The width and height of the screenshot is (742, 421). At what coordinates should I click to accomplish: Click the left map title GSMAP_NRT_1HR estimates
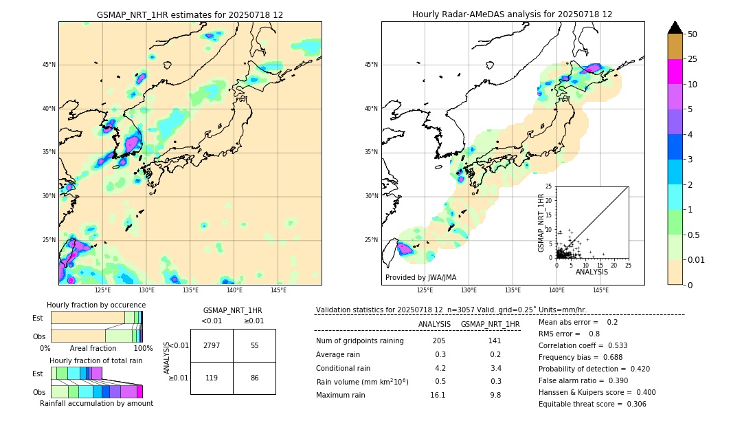tap(190, 14)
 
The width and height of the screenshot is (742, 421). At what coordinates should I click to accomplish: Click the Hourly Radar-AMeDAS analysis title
tap(512, 14)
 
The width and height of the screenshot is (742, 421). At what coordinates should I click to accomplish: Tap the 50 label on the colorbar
tap(693, 34)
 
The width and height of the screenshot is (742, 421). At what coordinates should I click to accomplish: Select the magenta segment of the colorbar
tap(675, 72)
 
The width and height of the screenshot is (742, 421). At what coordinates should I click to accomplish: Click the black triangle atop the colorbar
tap(675, 28)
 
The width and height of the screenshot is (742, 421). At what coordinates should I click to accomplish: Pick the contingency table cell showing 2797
tap(212, 345)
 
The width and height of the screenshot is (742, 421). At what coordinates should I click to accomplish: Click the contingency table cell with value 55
tap(254, 345)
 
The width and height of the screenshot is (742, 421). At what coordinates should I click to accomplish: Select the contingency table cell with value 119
tap(212, 378)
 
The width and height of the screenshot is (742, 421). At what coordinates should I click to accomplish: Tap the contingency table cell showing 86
tap(254, 378)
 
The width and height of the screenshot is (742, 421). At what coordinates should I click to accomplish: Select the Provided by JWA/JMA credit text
tap(420, 277)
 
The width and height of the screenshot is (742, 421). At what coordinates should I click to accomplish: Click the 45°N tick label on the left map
tap(49, 65)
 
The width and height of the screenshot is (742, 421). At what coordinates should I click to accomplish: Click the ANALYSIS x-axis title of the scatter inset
tap(592, 272)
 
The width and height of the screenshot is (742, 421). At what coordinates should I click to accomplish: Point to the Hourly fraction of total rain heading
tap(95, 360)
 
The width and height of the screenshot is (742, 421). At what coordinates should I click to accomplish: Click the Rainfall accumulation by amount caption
tap(96, 403)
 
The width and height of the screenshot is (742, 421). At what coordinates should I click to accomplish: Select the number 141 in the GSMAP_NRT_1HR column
tap(494, 341)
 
